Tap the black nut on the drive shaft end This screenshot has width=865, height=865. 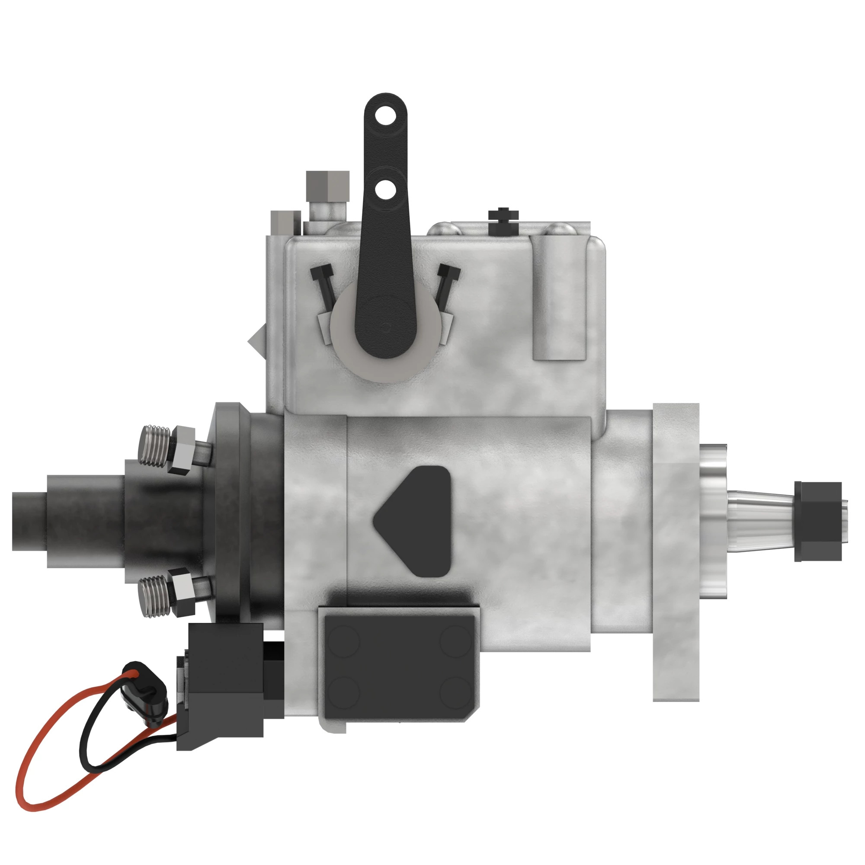pos(817,521)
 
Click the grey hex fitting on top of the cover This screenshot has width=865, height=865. pos(328,186)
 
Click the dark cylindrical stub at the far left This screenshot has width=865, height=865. pos(29,521)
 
